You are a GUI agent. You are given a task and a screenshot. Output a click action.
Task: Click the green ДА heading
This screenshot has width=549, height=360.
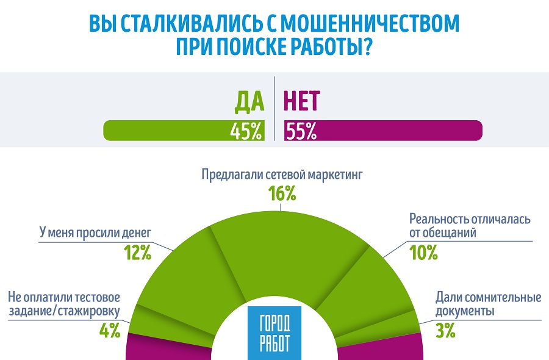(x=249, y=102)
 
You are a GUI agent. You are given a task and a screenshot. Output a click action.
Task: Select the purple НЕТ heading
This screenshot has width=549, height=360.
(x=302, y=102)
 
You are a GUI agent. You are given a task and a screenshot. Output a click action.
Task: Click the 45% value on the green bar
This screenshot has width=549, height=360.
(x=246, y=131)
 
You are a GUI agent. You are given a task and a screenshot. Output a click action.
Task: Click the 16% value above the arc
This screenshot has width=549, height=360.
(x=282, y=194)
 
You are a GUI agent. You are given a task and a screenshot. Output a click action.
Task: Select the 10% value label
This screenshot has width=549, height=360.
(x=423, y=251)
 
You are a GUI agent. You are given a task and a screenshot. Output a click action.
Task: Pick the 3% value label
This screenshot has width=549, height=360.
(x=445, y=331)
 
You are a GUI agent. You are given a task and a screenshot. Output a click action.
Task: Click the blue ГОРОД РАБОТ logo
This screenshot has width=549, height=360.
(x=274, y=333)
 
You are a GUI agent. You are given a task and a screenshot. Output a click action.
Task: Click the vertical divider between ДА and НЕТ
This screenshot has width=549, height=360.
(x=274, y=110)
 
